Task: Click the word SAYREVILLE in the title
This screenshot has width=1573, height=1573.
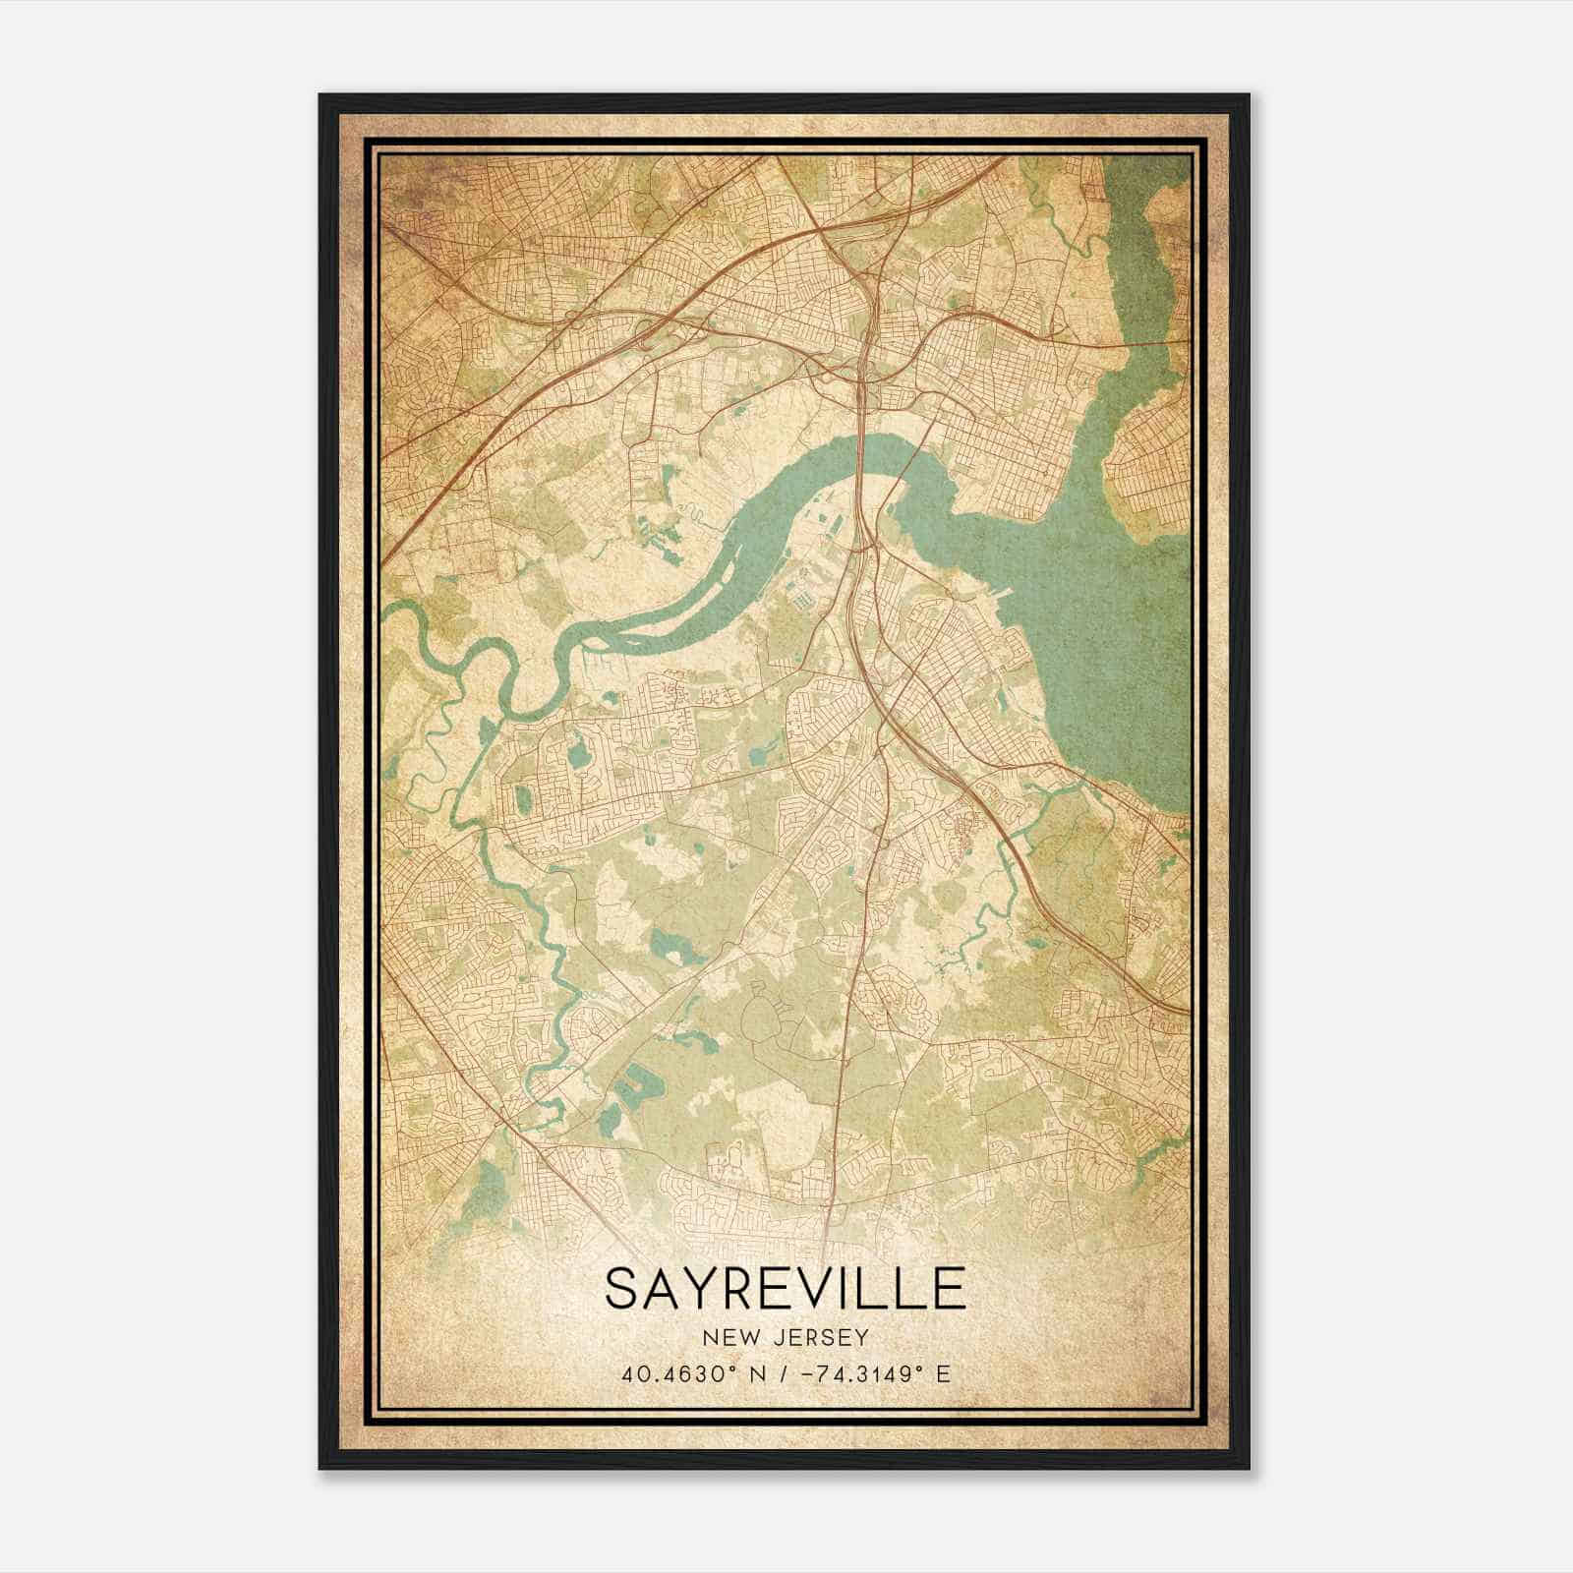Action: tap(785, 1289)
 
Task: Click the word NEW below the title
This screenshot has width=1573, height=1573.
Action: tap(727, 1337)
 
